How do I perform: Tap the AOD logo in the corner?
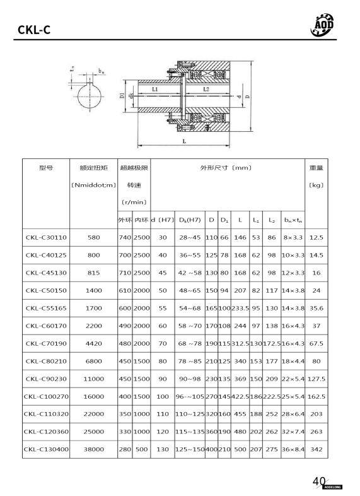click(323, 24)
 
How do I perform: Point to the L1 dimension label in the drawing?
click(155, 90)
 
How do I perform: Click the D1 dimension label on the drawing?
click(121, 96)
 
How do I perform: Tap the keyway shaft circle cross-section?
click(88, 98)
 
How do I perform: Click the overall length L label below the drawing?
click(184, 141)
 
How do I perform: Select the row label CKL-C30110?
click(46, 238)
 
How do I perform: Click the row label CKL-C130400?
click(46, 449)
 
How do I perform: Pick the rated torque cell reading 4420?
click(93, 344)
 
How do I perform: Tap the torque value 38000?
click(93, 449)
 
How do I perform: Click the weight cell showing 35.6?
click(316, 309)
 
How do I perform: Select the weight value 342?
click(316, 449)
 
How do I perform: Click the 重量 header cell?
click(316, 168)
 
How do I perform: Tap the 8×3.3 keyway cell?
click(292, 238)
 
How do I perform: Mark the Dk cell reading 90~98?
click(189, 379)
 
